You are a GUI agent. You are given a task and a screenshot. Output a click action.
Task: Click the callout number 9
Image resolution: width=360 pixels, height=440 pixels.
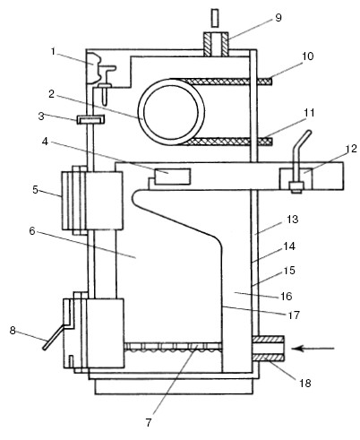pos(278,18)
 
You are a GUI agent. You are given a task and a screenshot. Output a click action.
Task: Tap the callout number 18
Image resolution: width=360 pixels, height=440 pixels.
pos(305,383)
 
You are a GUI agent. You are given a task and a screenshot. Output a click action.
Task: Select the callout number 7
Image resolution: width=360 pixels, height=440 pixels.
pos(149,422)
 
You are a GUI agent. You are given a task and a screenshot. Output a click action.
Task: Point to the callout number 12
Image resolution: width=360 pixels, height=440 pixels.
pos(352,149)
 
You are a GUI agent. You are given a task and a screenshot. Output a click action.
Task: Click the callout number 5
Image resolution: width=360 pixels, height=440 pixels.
pos(36,189)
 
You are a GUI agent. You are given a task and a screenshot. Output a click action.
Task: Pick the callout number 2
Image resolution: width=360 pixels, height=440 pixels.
pos(51,94)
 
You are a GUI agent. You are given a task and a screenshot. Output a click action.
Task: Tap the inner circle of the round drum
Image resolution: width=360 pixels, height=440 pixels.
pos(171,113)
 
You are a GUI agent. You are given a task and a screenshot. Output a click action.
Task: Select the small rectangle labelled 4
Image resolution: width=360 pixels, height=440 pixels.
pos(172,177)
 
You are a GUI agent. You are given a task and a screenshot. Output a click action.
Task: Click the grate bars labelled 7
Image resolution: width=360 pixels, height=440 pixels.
pos(173,347)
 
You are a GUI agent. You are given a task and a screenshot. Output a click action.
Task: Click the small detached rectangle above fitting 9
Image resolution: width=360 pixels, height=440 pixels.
pos(214,17)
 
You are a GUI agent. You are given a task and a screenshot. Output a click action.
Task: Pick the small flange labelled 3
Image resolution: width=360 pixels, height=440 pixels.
pos(90,119)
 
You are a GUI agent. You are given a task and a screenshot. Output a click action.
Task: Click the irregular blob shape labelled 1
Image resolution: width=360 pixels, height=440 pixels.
pos(95,68)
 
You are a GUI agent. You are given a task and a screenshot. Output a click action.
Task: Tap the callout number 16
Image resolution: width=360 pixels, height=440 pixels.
pos(286,296)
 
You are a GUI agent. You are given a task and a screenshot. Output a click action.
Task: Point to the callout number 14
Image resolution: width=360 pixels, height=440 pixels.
pos(289,246)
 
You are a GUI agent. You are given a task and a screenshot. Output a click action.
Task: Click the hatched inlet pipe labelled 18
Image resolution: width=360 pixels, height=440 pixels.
pos(269,349)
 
